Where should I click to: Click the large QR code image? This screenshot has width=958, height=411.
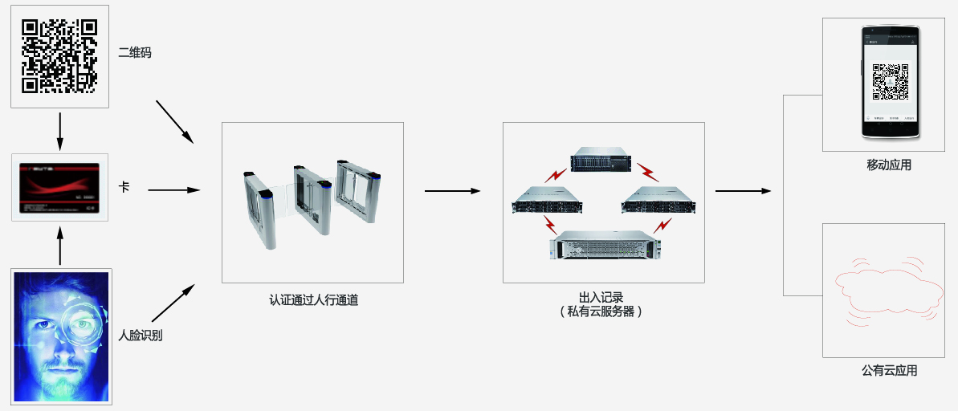click(x=59, y=55)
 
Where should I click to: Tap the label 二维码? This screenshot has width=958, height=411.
click(x=134, y=53)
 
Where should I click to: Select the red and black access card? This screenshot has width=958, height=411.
click(x=60, y=188)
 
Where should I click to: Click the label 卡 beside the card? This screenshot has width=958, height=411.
click(x=124, y=187)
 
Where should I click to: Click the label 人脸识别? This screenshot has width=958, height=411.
click(x=141, y=335)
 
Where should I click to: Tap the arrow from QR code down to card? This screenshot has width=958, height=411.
click(x=60, y=131)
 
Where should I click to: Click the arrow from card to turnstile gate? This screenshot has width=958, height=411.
click(x=173, y=190)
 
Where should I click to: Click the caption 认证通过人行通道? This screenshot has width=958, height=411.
click(x=313, y=301)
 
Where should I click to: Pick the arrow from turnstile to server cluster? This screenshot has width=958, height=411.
click(x=451, y=191)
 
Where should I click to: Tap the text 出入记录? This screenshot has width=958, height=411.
click(x=601, y=297)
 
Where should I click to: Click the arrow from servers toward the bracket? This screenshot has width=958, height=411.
click(x=743, y=191)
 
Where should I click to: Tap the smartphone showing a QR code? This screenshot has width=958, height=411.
click(x=891, y=83)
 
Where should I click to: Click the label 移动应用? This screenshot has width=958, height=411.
click(x=889, y=165)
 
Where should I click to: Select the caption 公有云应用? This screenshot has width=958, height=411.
click(x=889, y=371)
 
